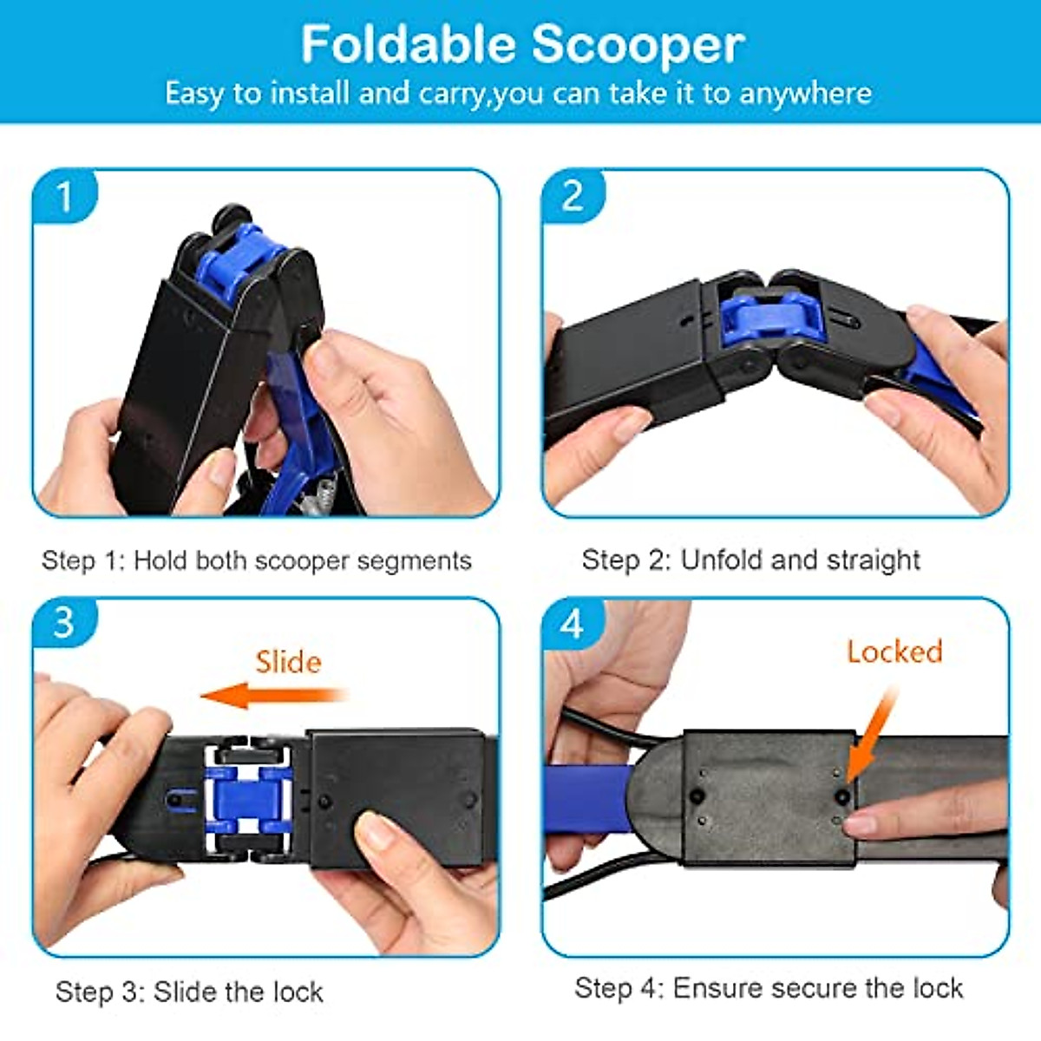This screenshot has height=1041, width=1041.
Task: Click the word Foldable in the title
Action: point(409,44)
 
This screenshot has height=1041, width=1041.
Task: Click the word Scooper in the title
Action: point(638,46)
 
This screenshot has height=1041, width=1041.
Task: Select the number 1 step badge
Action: point(63,197)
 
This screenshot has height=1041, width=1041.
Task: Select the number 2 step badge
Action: point(573,196)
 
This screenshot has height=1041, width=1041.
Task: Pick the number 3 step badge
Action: point(63,623)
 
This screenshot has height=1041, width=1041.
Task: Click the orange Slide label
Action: point(288,662)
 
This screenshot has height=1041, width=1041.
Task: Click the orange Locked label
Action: point(894,651)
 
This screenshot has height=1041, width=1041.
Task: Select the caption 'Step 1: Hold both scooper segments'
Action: point(257,560)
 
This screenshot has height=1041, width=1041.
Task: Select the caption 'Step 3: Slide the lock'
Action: point(189,992)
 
